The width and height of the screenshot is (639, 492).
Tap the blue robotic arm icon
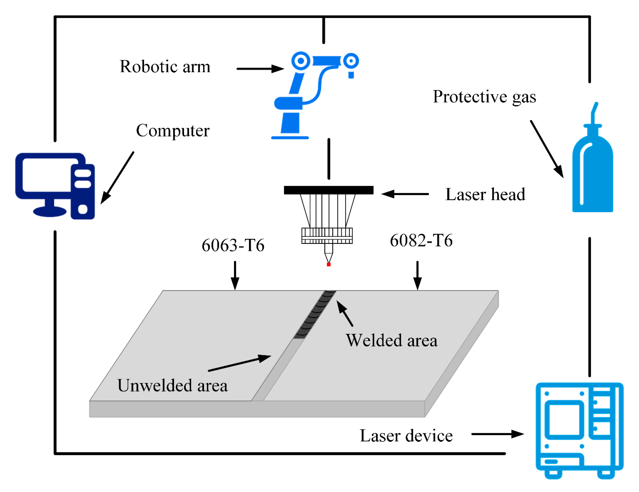tap(310, 94)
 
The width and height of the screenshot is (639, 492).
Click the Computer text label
tap(173, 130)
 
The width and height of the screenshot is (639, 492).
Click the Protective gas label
tap(484, 97)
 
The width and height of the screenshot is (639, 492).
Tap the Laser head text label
tap(485, 195)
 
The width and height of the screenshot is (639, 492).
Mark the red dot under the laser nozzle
tap(329, 265)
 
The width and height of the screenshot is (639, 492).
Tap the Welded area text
tap(391, 341)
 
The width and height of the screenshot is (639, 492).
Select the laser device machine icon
tap(579, 430)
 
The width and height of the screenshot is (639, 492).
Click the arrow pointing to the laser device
tap(497, 434)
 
